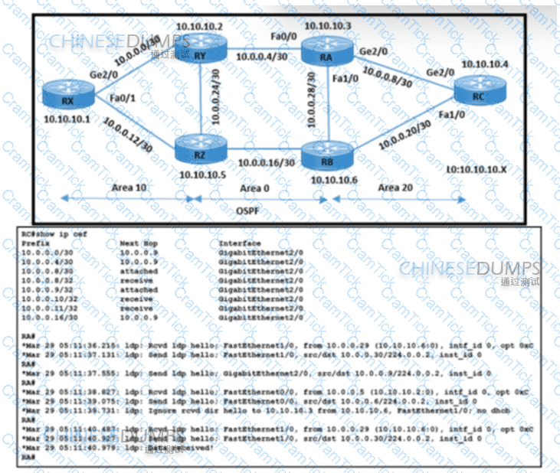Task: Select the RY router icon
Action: pyautogui.click(x=200, y=53)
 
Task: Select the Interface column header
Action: pyautogui.click(x=240, y=243)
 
